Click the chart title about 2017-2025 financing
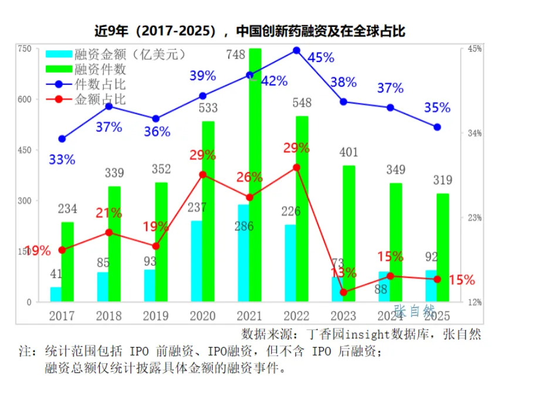250,30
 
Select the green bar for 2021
255,176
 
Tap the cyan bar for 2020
197,261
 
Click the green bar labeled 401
349,234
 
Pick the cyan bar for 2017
56,294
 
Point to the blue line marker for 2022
296,50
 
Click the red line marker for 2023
343,292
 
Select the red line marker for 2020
202,175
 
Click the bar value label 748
236,55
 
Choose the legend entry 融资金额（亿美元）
130,55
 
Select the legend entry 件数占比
100,85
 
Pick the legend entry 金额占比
100,100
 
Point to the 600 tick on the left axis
25,99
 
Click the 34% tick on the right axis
474,133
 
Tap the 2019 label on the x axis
156,316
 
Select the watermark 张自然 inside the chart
414,310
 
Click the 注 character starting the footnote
25,352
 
